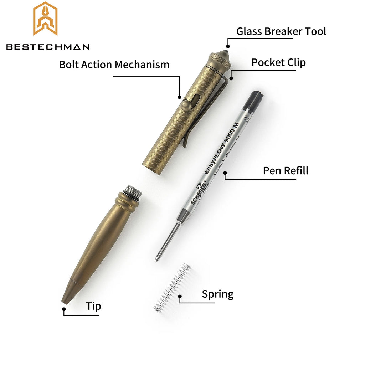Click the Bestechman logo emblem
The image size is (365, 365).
(x=45, y=19)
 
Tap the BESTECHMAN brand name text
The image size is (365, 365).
(x=48, y=47)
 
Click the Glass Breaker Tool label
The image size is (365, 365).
(x=281, y=31)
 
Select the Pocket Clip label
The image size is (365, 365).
(x=279, y=62)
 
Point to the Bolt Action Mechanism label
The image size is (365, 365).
(x=114, y=65)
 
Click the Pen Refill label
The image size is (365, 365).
(x=286, y=171)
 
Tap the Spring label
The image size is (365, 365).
(x=218, y=294)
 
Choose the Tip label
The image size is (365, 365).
(x=94, y=306)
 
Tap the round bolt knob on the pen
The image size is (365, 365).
(x=187, y=105)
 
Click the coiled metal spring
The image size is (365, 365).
(x=172, y=288)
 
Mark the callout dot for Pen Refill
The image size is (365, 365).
(x=225, y=173)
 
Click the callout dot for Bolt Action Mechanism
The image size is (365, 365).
(x=179, y=97)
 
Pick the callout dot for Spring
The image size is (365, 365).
(x=180, y=296)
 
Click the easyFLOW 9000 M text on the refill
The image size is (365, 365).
(x=221, y=148)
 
